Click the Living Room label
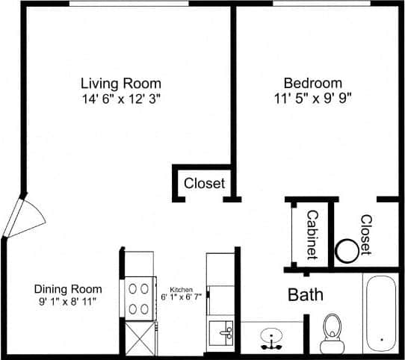[x=121, y=83]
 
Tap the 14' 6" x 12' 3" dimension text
[x=121, y=97]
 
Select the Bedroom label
[x=312, y=83]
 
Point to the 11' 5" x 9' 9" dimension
[x=312, y=97]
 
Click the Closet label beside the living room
[x=204, y=183]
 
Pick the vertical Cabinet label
[x=311, y=235]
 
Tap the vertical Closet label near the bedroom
[x=365, y=235]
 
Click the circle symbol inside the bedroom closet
[x=347, y=251]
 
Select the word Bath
[x=306, y=294]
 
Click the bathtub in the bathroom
[x=381, y=314]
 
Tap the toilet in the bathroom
[x=330, y=333]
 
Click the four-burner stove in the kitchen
[x=138, y=297]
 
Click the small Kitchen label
[x=182, y=289]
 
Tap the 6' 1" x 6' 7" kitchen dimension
[x=182, y=297]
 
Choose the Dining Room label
[x=68, y=289]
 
